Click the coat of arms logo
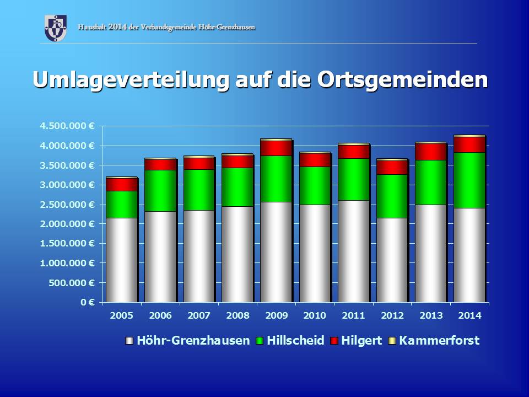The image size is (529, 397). click(x=55, y=28)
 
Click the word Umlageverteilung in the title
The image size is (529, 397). click(x=131, y=79)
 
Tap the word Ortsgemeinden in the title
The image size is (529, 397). click(x=402, y=79)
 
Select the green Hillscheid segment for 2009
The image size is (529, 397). click(x=276, y=179)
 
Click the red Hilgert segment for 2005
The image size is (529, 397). click(x=121, y=184)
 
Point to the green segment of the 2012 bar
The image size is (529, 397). click(x=391, y=196)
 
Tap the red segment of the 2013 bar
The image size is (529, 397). click(x=430, y=152)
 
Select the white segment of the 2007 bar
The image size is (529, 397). click(x=198, y=256)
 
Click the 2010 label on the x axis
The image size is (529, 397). click(x=314, y=315)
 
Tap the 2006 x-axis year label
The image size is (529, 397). click(x=160, y=315)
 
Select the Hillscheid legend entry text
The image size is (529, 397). click(x=295, y=341)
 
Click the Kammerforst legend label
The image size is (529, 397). click(x=439, y=341)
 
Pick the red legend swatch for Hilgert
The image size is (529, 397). click(x=334, y=341)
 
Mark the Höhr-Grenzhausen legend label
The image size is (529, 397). click(x=194, y=341)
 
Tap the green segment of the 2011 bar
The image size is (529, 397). click(x=353, y=179)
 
